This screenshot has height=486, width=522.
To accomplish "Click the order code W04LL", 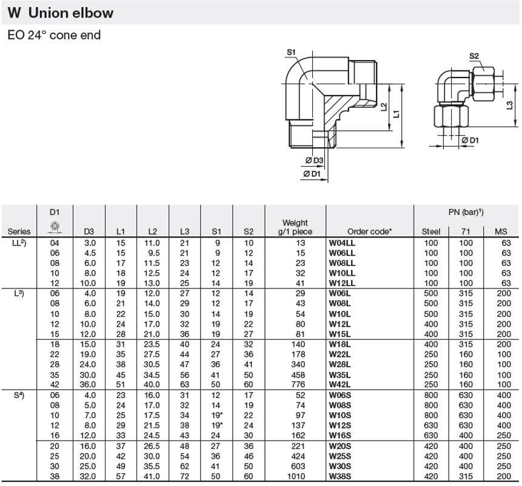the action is pos(342,243).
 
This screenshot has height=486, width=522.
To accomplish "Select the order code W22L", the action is pos(340,355).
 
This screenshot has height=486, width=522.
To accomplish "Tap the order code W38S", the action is pos(340,476).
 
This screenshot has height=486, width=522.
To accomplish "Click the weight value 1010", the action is pos(296,476).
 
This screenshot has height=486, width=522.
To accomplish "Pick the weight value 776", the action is pos(298,385).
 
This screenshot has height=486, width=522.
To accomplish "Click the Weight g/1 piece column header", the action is pos(295,227).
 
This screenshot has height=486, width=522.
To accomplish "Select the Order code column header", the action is pos(369,231).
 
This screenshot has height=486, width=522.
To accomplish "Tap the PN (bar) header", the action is pos(466,212).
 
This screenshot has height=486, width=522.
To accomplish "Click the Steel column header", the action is pos(431,231).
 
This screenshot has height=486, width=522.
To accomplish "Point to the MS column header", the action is pos(501,231).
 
